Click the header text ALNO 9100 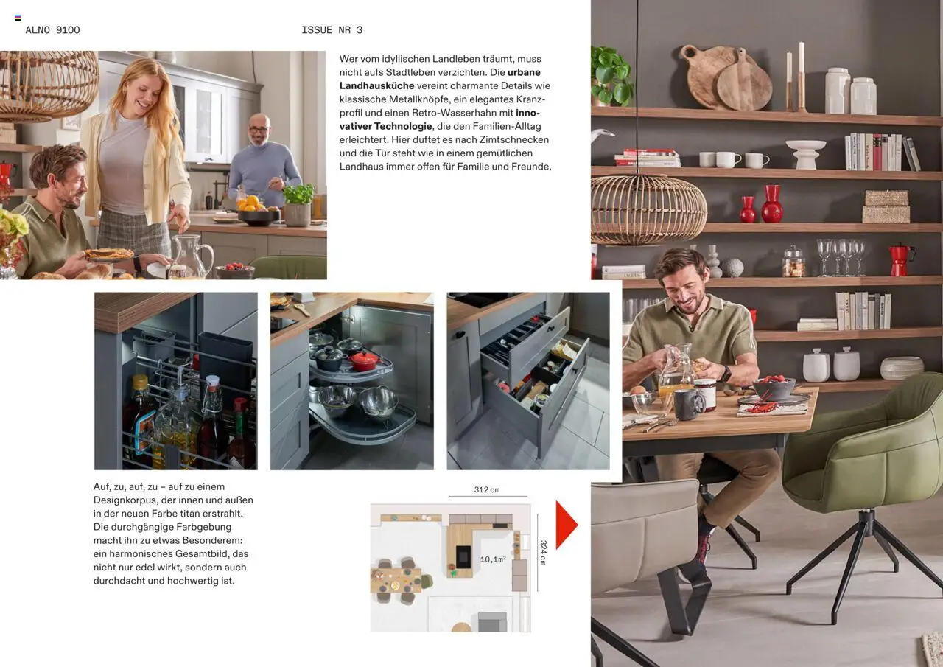[52, 30]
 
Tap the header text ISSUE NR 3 [332, 30]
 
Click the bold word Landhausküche [376, 86]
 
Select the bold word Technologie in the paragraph [403, 126]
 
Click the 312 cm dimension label [487, 489]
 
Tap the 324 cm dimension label [543, 553]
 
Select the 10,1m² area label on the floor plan [493, 559]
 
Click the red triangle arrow [567, 525]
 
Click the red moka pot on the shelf [900, 260]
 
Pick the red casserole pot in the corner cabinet [364, 361]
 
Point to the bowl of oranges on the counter [258, 212]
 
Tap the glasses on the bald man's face [258, 129]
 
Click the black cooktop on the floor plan [463, 556]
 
